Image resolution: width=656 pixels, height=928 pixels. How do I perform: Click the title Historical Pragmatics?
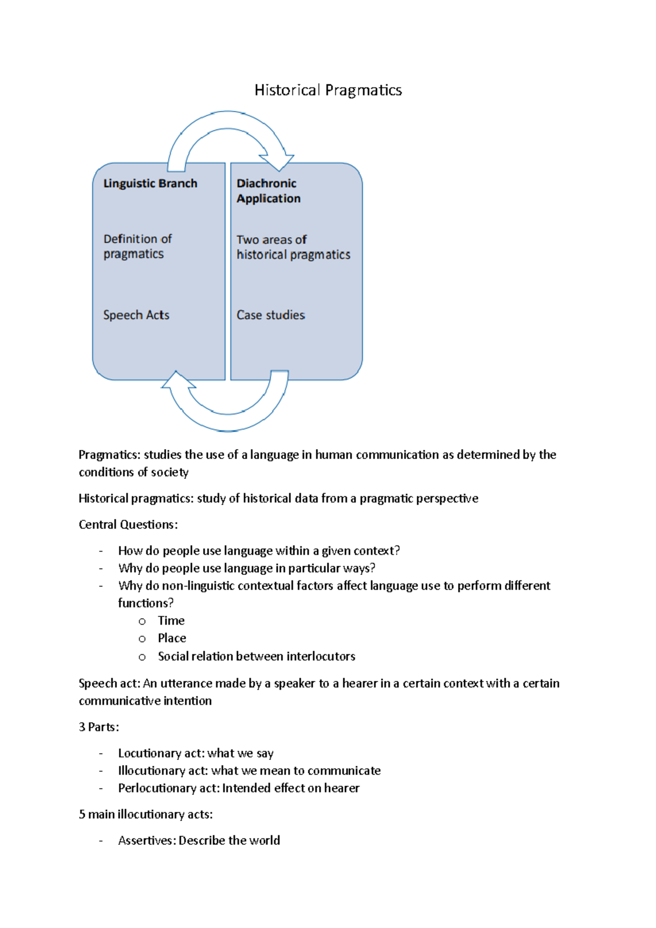[328, 90]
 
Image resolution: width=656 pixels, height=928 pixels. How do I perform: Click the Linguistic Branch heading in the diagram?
[150, 184]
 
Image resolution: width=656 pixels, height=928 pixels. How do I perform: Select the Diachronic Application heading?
[268, 191]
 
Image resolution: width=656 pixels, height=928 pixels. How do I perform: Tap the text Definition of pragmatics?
[137, 246]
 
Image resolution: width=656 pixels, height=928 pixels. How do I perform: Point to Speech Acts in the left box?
[136, 315]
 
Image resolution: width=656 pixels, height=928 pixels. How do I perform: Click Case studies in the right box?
[271, 315]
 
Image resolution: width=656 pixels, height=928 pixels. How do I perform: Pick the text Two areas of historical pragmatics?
[293, 247]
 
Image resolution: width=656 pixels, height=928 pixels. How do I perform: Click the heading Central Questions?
[128, 525]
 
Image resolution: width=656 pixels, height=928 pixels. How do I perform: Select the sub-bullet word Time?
[171, 621]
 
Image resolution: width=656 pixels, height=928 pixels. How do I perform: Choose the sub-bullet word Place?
[172, 638]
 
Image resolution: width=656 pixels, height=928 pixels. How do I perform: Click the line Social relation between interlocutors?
[256, 656]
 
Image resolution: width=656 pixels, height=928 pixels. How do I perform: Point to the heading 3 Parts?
[98, 727]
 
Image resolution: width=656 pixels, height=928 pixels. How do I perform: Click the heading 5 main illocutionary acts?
[145, 814]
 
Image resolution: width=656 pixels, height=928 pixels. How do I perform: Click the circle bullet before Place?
[142, 639]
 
